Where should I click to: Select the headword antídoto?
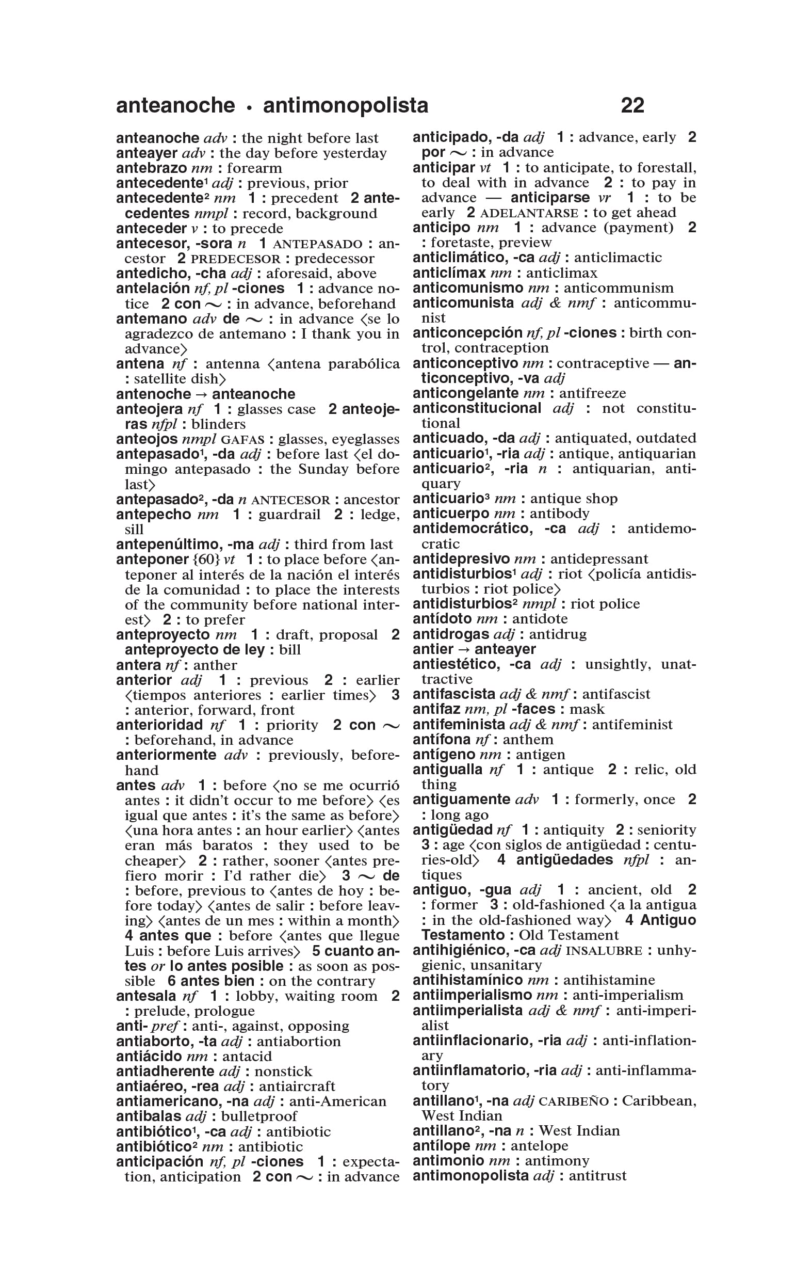(x=442, y=619)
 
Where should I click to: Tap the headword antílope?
(x=441, y=1146)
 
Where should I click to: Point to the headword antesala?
(x=146, y=996)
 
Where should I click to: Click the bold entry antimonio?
(x=448, y=1161)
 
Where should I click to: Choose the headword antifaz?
(x=436, y=709)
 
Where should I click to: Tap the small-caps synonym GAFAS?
(x=242, y=439)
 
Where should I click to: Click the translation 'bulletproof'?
(x=259, y=1116)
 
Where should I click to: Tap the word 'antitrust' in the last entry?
(x=597, y=1176)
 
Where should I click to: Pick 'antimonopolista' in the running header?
(x=346, y=105)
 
